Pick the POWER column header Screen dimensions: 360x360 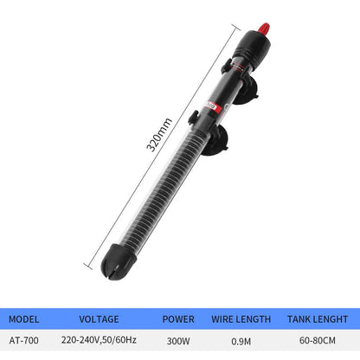pos(179,318)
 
